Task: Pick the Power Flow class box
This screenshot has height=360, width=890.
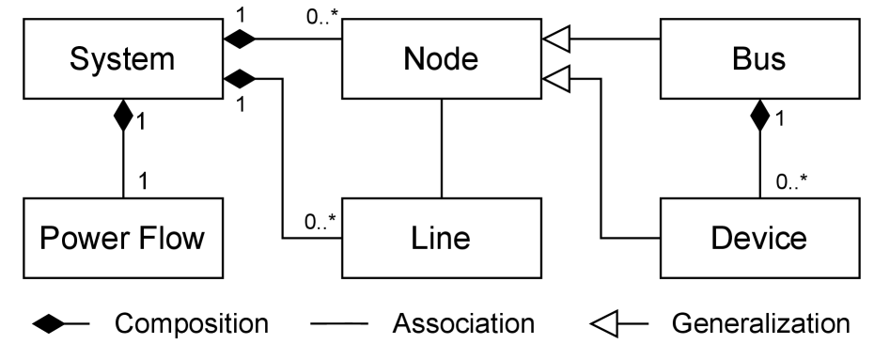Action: point(123,237)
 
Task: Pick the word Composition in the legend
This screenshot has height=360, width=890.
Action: point(192,324)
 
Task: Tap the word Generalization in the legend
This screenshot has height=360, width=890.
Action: point(761,324)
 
